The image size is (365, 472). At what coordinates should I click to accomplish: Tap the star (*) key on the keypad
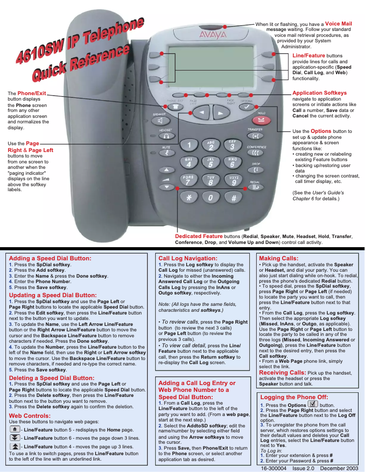pos(189,198)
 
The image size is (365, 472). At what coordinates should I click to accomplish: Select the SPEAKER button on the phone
pos(160,121)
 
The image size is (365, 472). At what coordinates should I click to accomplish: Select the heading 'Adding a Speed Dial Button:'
pos(50,258)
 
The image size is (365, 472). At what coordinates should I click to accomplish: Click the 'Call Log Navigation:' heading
pos(188,258)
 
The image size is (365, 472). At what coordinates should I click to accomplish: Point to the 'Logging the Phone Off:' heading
pos(294,397)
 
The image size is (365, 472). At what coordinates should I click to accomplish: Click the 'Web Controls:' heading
pos(30,416)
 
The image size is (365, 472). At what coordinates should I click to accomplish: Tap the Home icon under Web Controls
pos(15,429)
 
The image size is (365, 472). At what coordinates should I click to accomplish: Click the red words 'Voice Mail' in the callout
pos(338,24)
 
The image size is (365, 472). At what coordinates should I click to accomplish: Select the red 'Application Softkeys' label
pos(319,93)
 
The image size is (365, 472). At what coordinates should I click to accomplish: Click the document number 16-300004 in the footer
pos(274,468)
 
